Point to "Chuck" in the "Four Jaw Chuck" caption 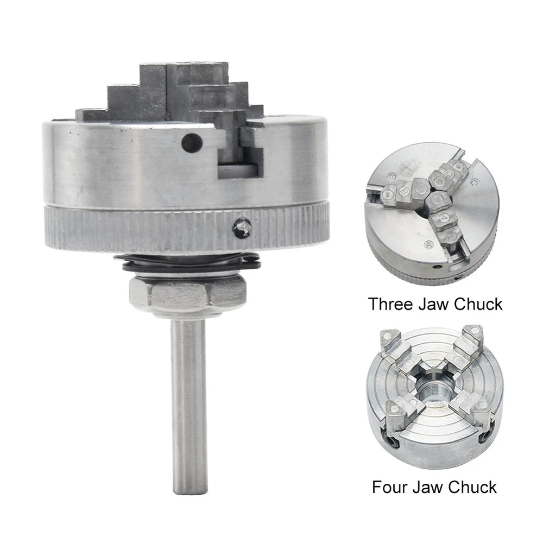click(473, 487)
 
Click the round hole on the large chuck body click(188, 142)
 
